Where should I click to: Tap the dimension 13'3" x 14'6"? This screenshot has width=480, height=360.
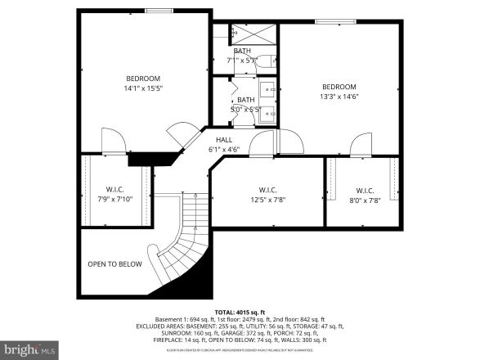pyautogui.click(x=339, y=97)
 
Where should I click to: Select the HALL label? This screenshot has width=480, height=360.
pyautogui.click(x=224, y=140)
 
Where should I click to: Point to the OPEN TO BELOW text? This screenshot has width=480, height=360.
pyautogui.click(x=115, y=264)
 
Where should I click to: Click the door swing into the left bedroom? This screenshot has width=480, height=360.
pyautogui.click(x=113, y=142)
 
